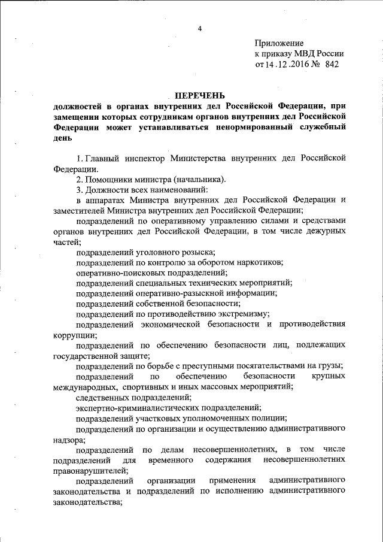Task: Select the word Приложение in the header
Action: coord(279,43)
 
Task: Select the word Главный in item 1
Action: coord(104,158)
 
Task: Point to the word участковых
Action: coord(163,418)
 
